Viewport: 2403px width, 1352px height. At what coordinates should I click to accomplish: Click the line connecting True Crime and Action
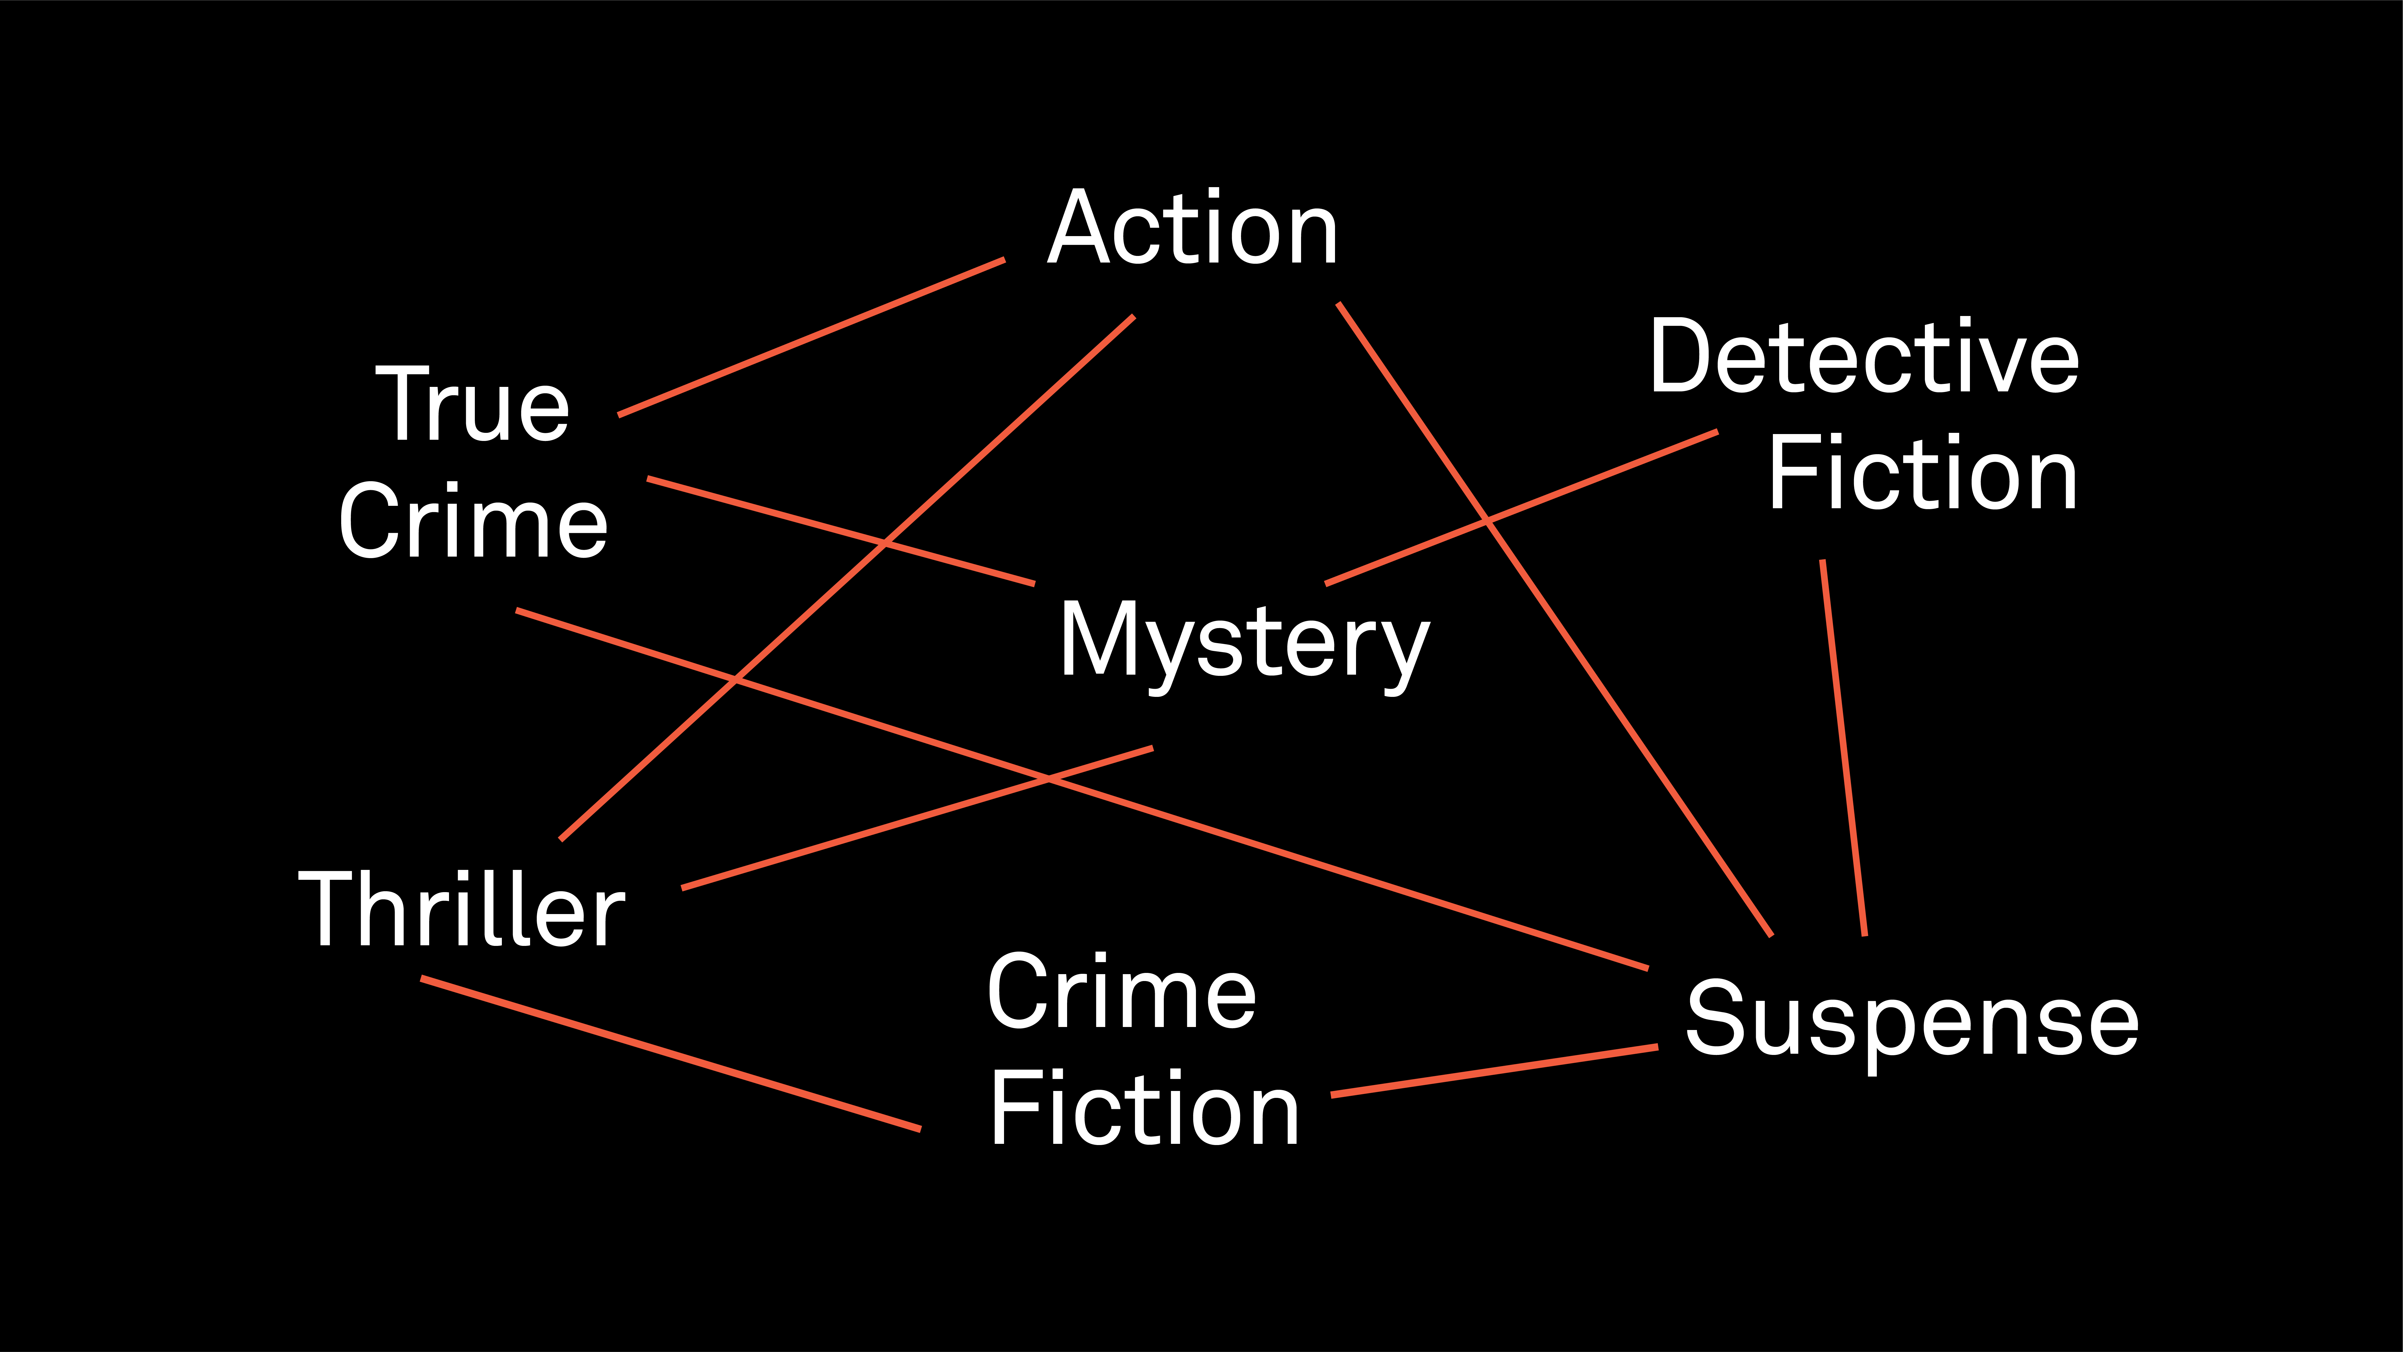[x=812, y=337]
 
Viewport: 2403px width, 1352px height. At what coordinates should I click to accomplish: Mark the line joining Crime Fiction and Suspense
[x=1494, y=1071]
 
